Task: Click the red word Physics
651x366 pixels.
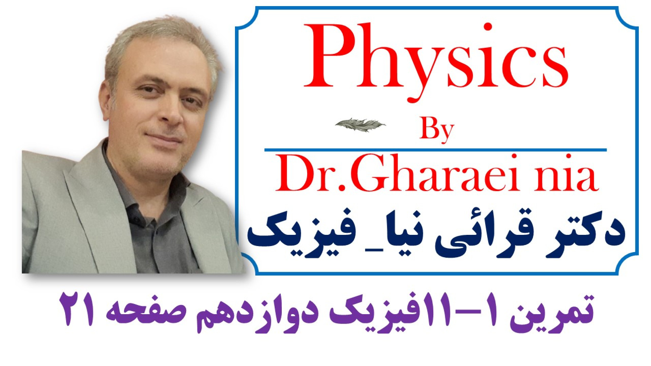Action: click(436, 61)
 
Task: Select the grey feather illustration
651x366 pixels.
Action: click(360, 125)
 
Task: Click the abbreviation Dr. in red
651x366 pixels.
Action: click(311, 174)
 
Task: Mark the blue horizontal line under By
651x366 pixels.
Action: click(435, 149)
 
